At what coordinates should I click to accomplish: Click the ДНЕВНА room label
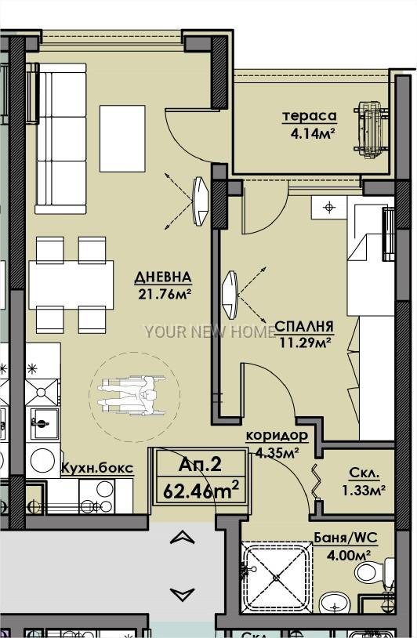[163, 277]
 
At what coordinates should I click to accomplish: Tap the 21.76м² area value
[165, 293]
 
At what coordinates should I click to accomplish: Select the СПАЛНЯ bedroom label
[304, 326]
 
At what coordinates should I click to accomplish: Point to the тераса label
[310, 116]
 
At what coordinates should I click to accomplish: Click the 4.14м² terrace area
[313, 132]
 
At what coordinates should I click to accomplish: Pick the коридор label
[277, 436]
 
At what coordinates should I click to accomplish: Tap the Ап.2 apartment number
[200, 464]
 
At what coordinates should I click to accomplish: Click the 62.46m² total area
[201, 490]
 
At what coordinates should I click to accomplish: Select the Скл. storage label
[364, 473]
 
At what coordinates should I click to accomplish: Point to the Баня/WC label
[346, 538]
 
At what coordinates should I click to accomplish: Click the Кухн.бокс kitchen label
[97, 469]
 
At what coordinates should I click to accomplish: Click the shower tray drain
[277, 578]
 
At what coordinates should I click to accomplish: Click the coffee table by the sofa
[122, 139]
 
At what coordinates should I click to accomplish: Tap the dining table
[71, 285]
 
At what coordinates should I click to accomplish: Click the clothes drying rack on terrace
[371, 130]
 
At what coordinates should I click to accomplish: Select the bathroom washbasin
[335, 604]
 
